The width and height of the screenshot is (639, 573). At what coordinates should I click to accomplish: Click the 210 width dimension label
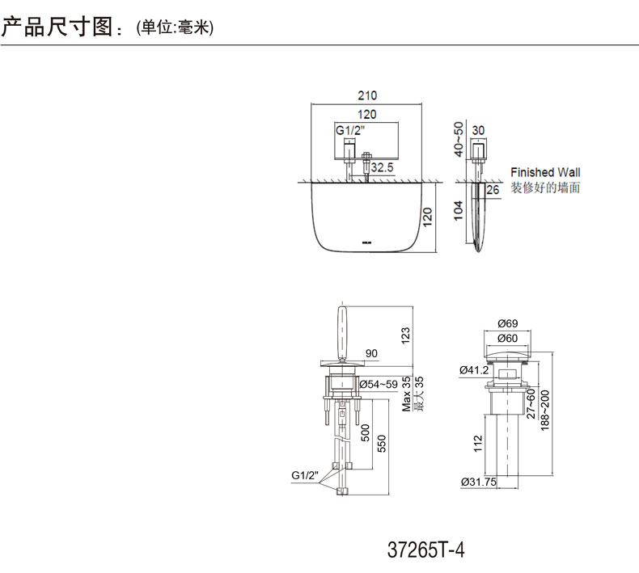tap(367, 95)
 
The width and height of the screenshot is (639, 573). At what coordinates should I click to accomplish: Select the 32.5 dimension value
tap(382, 167)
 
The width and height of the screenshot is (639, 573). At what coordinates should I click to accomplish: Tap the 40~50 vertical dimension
tap(459, 139)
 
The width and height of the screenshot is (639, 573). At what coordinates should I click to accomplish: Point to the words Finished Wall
tap(545, 172)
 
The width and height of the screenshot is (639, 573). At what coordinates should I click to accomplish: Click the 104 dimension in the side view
tap(459, 211)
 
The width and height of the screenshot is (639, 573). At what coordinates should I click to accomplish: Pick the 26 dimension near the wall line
tap(493, 189)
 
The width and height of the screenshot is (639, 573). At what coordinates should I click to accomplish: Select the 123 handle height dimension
tap(405, 336)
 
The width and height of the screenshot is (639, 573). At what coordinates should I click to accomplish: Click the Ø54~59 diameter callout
tap(379, 384)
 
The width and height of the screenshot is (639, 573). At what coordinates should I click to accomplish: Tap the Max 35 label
tap(407, 394)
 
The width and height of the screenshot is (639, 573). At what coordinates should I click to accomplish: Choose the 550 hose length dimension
tap(382, 444)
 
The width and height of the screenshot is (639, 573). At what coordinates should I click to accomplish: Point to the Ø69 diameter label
tap(508, 323)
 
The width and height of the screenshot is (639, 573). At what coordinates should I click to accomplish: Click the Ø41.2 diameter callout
tap(474, 370)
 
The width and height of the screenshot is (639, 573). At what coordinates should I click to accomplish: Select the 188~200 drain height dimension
tap(545, 411)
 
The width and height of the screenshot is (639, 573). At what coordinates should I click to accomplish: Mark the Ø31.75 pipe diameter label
tap(479, 482)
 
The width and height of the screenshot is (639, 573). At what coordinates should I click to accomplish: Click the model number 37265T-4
tap(425, 550)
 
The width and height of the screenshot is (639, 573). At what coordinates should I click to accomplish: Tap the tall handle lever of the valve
tap(342, 334)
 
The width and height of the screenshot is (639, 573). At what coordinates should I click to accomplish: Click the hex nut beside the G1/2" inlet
tap(366, 157)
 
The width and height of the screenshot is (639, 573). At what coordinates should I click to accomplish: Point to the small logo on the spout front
tap(366, 243)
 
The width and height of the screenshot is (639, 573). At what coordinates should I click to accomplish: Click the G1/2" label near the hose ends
tap(304, 475)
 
